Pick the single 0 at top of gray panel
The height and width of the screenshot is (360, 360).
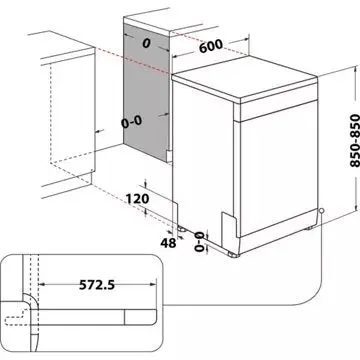(145, 45)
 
